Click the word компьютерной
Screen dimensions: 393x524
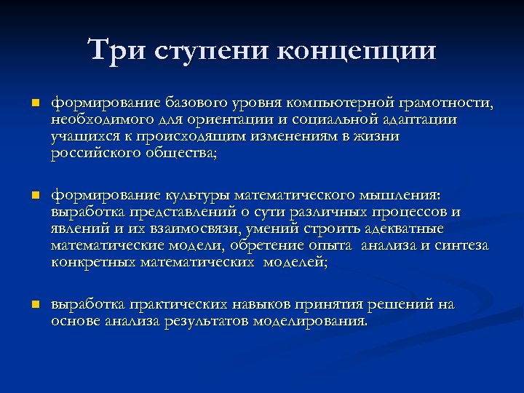pyautogui.click(x=340, y=102)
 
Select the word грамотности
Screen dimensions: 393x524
pyautogui.click(x=445, y=102)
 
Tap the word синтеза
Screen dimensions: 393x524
pyautogui.click(x=461, y=246)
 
